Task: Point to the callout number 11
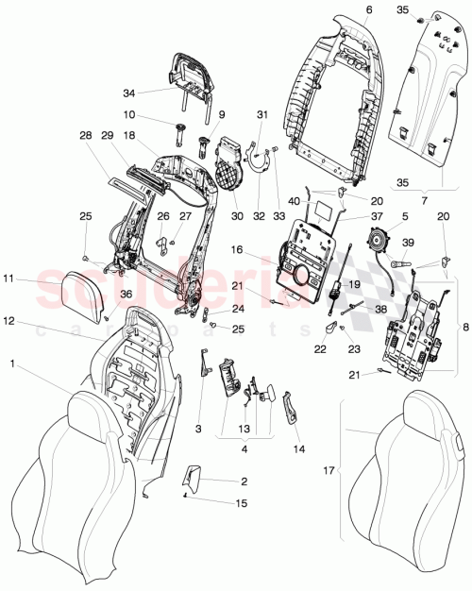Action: pyautogui.click(x=8, y=279)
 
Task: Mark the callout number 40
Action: pyautogui.click(x=320, y=199)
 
